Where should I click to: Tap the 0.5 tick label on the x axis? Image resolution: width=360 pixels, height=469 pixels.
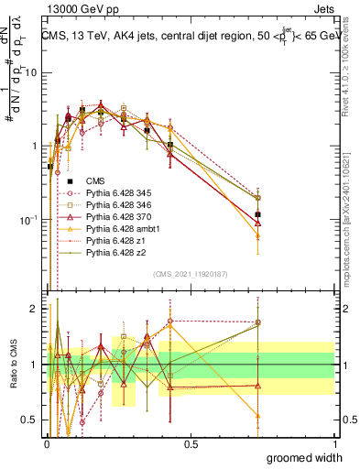click(x=191, y=443)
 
